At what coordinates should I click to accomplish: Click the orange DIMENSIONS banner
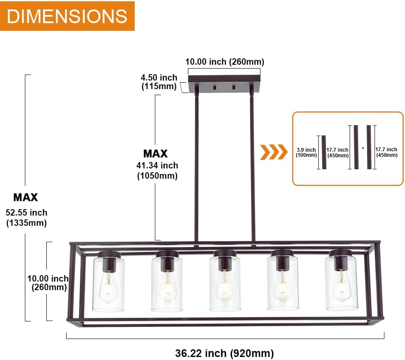tap(67, 16)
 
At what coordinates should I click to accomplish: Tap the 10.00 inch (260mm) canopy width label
tap(224, 62)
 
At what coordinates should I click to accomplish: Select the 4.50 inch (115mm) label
tap(159, 82)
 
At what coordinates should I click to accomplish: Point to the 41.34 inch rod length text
tap(157, 165)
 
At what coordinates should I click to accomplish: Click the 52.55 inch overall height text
tap(27, 213)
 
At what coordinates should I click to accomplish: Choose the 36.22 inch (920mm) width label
tap(224, 353)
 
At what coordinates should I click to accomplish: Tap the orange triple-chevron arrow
tap(274, 152)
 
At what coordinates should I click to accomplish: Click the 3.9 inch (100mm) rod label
tap(306, 152)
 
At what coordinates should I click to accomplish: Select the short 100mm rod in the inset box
tap(324, 152)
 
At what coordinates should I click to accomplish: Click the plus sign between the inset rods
tap(363, 148)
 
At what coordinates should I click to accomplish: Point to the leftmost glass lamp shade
tap(109, 284)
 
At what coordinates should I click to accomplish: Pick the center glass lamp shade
tap(225, 284)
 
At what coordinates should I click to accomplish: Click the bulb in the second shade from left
tap(167, 289)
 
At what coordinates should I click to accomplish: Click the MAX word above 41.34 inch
tap(155, 153)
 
